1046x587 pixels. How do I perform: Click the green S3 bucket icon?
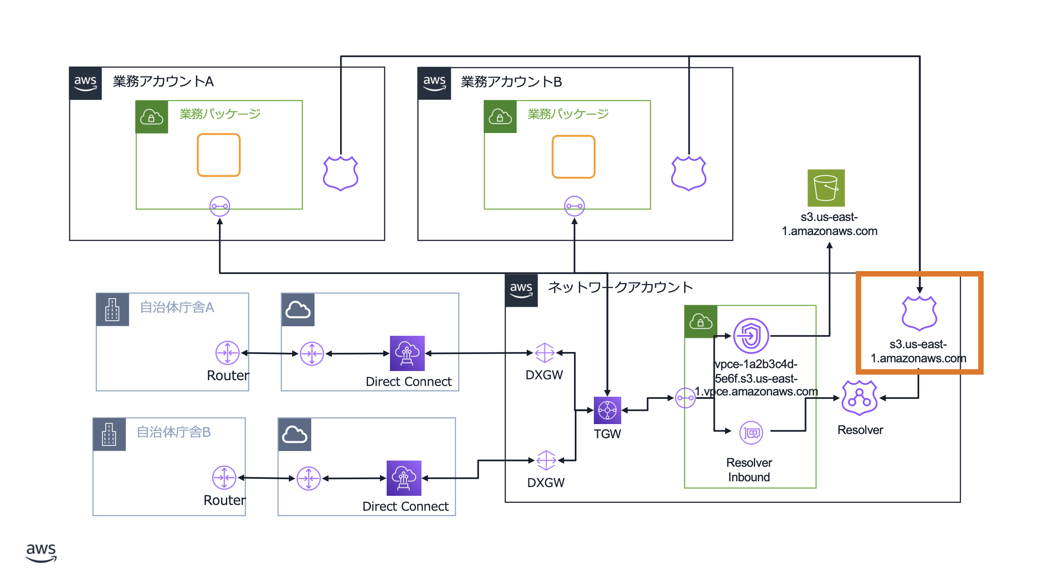826,188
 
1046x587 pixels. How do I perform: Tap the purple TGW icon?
607,410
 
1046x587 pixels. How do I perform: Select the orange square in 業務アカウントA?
219,155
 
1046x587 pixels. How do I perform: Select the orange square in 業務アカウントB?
574,157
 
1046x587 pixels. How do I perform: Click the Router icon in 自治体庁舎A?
228,353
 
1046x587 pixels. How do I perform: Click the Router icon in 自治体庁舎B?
224,478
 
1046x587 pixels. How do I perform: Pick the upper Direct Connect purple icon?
407,353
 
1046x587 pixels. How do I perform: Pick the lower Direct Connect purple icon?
404,478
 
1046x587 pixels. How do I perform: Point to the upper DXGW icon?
544,353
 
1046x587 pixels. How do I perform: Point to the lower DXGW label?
545,483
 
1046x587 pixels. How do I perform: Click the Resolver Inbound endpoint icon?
751,433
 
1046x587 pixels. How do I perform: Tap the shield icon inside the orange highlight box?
919,313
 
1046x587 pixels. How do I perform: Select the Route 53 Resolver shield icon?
860,398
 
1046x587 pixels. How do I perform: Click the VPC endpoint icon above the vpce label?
751,336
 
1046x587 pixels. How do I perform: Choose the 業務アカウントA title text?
163,82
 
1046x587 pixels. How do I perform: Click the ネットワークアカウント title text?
620,287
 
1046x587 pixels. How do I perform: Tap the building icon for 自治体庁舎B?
109,434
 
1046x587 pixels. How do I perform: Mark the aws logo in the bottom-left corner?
41,553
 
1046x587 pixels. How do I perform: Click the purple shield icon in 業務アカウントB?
688,173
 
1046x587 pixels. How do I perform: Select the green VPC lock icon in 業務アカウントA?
152,117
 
